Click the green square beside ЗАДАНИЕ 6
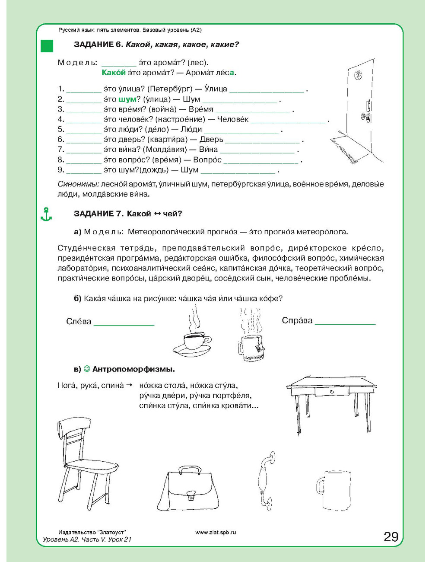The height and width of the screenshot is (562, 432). pos(47,46)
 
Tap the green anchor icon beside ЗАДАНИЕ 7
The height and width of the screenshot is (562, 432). pos(46,214)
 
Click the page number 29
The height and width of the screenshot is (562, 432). pos(391,536)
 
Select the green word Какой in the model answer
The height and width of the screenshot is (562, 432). pos(114,73)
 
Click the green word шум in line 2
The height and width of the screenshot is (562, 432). pos(127,99)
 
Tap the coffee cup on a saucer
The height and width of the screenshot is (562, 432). pos(193,342)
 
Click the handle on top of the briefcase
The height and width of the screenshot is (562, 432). pos(190,470)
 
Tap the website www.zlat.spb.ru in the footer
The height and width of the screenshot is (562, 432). pos(216,532)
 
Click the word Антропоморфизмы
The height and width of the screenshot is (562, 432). pos(133,369)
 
